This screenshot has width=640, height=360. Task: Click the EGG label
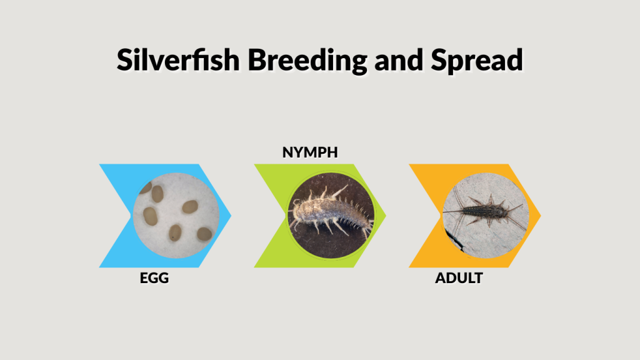point(154,278)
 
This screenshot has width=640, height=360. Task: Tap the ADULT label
point(459,278)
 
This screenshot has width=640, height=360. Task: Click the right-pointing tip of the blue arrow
point(230,216)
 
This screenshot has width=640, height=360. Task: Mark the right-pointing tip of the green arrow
point(385,216)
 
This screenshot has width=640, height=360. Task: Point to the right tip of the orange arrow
point(540,216)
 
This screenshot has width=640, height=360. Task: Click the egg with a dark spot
point(174,232)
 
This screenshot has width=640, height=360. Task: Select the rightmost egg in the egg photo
point(204,234)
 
